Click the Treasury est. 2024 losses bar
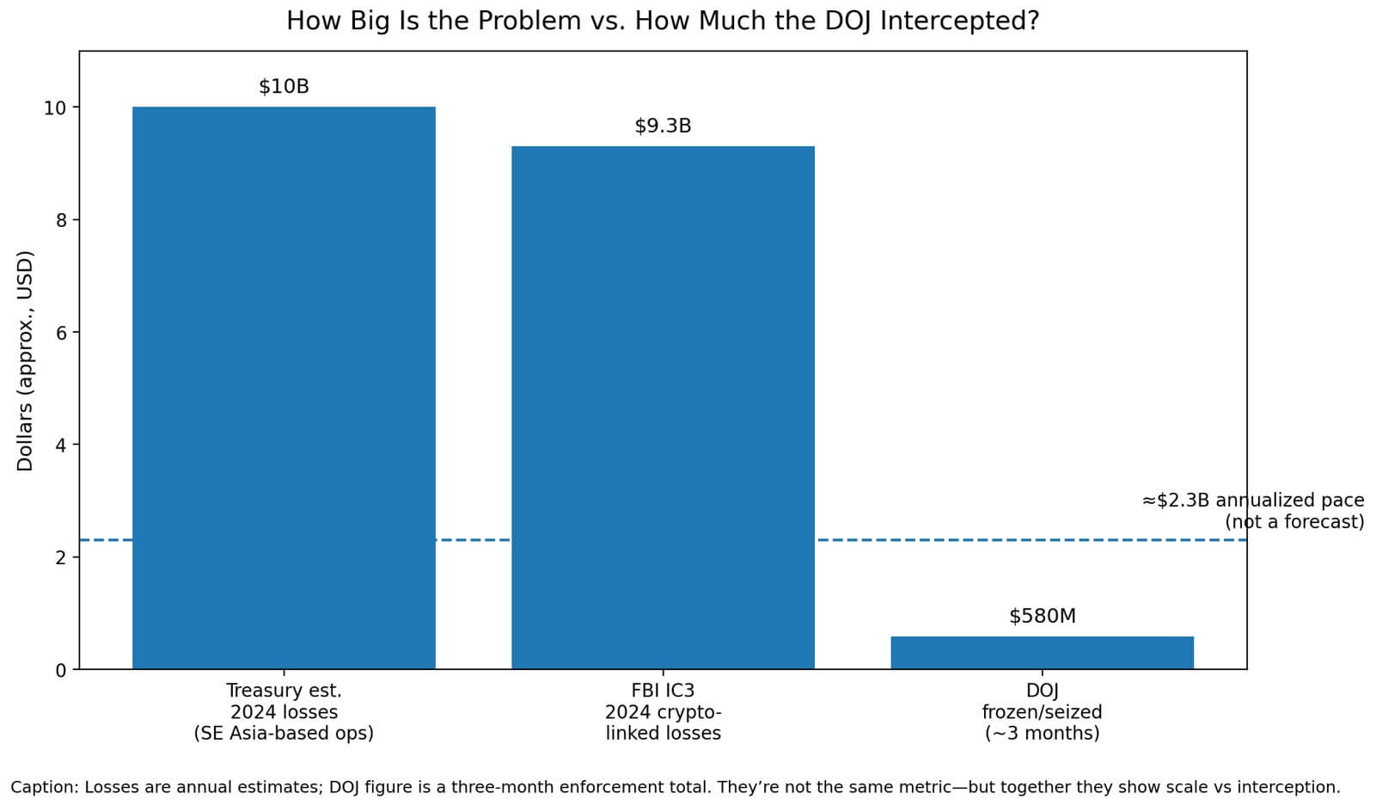pyautogui.click(x=284, y=387)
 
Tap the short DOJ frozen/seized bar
pyautogui.click(x=1042, y=653)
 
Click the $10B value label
pyautogui.click(x=284, y=87)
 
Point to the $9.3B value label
pyautogui.click(x=663, y=126)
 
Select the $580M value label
pyautogui.click(x=1042, y=617)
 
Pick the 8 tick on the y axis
pyautogui.click(x=61, y=221)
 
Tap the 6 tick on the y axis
pyautogui.click(x=61, y=333)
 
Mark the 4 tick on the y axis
pyautogui.click(x=61, y=446)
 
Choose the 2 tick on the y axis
pyautogui.click(x=61, y=558)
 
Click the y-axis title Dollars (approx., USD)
pyautogui.click(x=25, y=360)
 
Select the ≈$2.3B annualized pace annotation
pyautogui.click(x=1252, y=501)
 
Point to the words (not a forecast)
pyautogui.click(x=1294, y=522)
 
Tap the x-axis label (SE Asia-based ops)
pyautogui.click(x=284, y=734)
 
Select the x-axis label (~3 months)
pyautogui.click(x=1042, y=734)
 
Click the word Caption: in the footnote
pyautogui.click(x=45, y=787)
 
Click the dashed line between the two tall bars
pyautogui.click(x=474, y=540)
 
